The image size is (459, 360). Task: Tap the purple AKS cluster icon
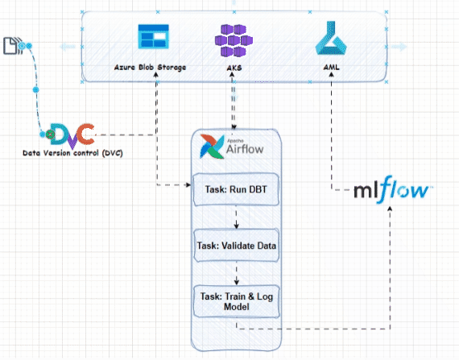[x=233, y=39]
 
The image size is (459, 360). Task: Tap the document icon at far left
[x=14, y=46]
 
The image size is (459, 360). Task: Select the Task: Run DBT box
[x=236, y=190]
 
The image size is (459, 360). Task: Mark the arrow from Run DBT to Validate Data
[x=236, y=218]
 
